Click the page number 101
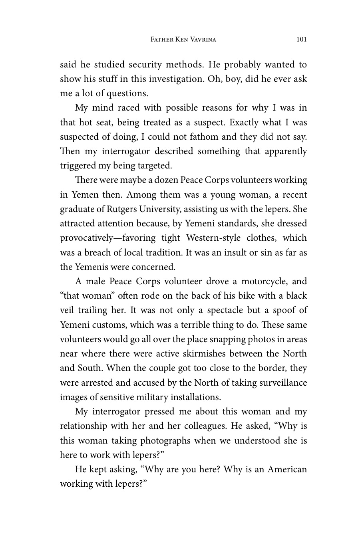tap(302, 39)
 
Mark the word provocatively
tap(85, 238)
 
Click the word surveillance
tap(279, 383)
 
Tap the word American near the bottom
tap(287, 470)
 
